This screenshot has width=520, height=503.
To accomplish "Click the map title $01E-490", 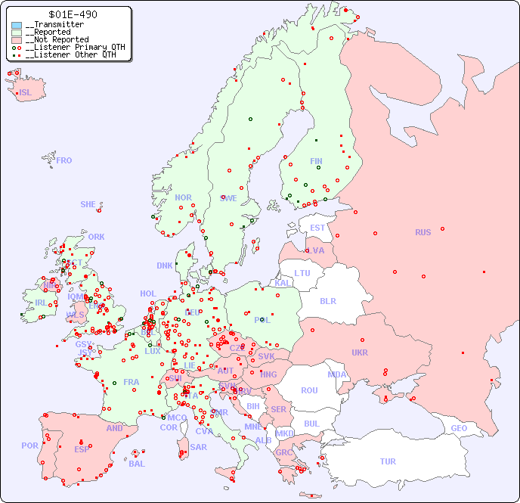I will click(72, 14).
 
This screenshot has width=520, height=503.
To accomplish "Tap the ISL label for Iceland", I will click(26, 93).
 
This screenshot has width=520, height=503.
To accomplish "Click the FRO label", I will click(64, 160).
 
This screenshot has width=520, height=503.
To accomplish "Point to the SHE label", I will click(88, 204).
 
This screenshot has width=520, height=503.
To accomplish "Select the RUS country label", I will click(422, 232).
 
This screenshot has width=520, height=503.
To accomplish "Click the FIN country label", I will click(316, 161).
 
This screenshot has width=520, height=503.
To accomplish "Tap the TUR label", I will click(388, 461).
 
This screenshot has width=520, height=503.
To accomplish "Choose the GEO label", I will click(459, 428).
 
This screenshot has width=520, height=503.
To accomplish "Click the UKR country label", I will click(360, 352).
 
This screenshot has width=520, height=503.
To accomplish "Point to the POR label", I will click(29, 446).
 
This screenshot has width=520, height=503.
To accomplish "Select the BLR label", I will click(328, 300).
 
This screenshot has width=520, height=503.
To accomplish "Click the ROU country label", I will click(309, 390).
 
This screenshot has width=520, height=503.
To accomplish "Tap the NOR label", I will click(183, 197).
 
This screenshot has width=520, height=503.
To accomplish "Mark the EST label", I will click(317, 228).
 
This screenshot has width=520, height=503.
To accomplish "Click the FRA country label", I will click(132, 382).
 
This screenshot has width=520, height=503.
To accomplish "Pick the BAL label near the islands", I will click(137, 464).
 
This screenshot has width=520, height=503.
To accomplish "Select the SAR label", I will click(198, 447).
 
